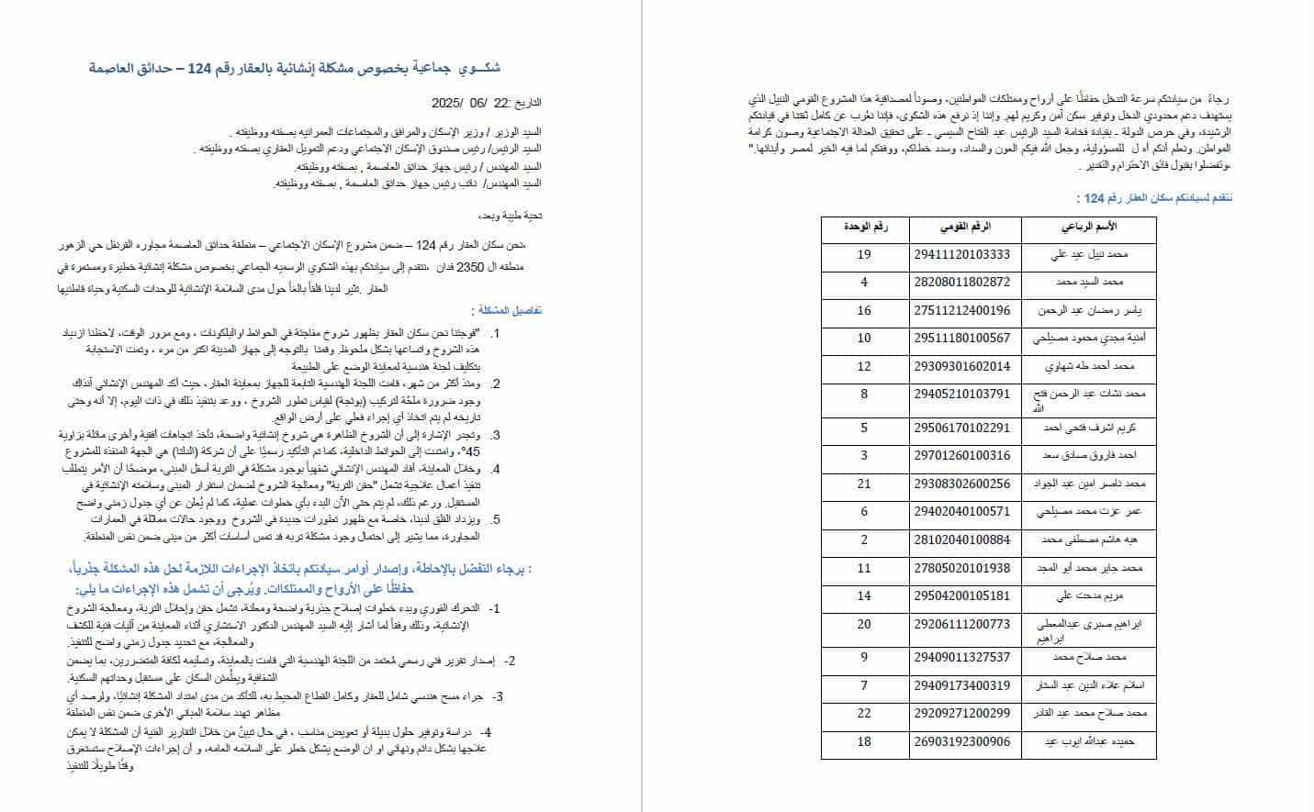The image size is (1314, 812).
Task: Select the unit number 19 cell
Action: click(863, 254)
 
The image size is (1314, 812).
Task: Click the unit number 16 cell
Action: click(863, 310)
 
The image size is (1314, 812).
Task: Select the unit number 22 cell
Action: click(863, 713)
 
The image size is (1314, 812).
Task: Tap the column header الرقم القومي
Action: click(965, 227)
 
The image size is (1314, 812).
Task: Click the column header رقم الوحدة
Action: click(865, 227)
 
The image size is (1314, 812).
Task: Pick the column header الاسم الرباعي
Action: click(1088, 227)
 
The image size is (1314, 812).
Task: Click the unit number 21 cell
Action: click(863, 484)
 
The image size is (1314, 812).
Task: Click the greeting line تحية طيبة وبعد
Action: click(511, 216)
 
